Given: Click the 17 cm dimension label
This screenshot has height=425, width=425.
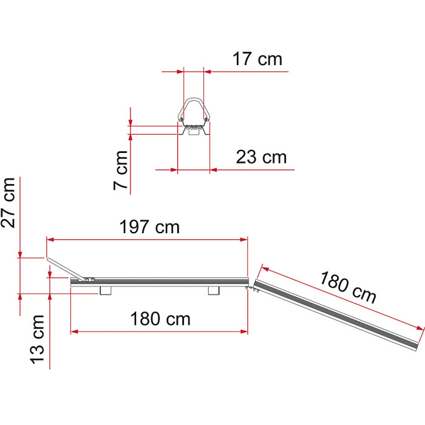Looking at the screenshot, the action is [257, 59].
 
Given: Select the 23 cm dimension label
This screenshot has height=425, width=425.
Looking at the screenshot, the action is [261, 157].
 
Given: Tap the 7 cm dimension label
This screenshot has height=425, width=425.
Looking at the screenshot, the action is [121, 170].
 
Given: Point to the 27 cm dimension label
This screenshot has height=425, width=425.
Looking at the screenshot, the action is [8, 202].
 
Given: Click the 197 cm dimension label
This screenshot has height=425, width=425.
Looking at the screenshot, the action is [149, 227].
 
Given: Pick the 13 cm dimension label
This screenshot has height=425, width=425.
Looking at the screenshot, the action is [37, 339].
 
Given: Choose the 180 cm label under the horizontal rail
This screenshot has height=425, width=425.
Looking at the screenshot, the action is [160, 319].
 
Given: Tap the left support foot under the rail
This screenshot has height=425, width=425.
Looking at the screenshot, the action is [106, 291].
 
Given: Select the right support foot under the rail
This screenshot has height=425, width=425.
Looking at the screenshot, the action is [214, 291].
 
